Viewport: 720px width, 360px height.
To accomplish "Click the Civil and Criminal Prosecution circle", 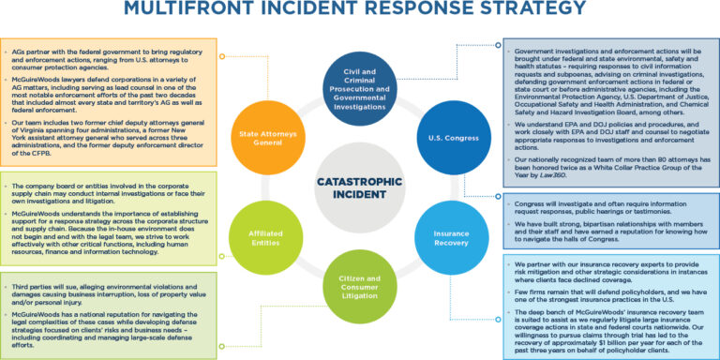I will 359,92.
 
